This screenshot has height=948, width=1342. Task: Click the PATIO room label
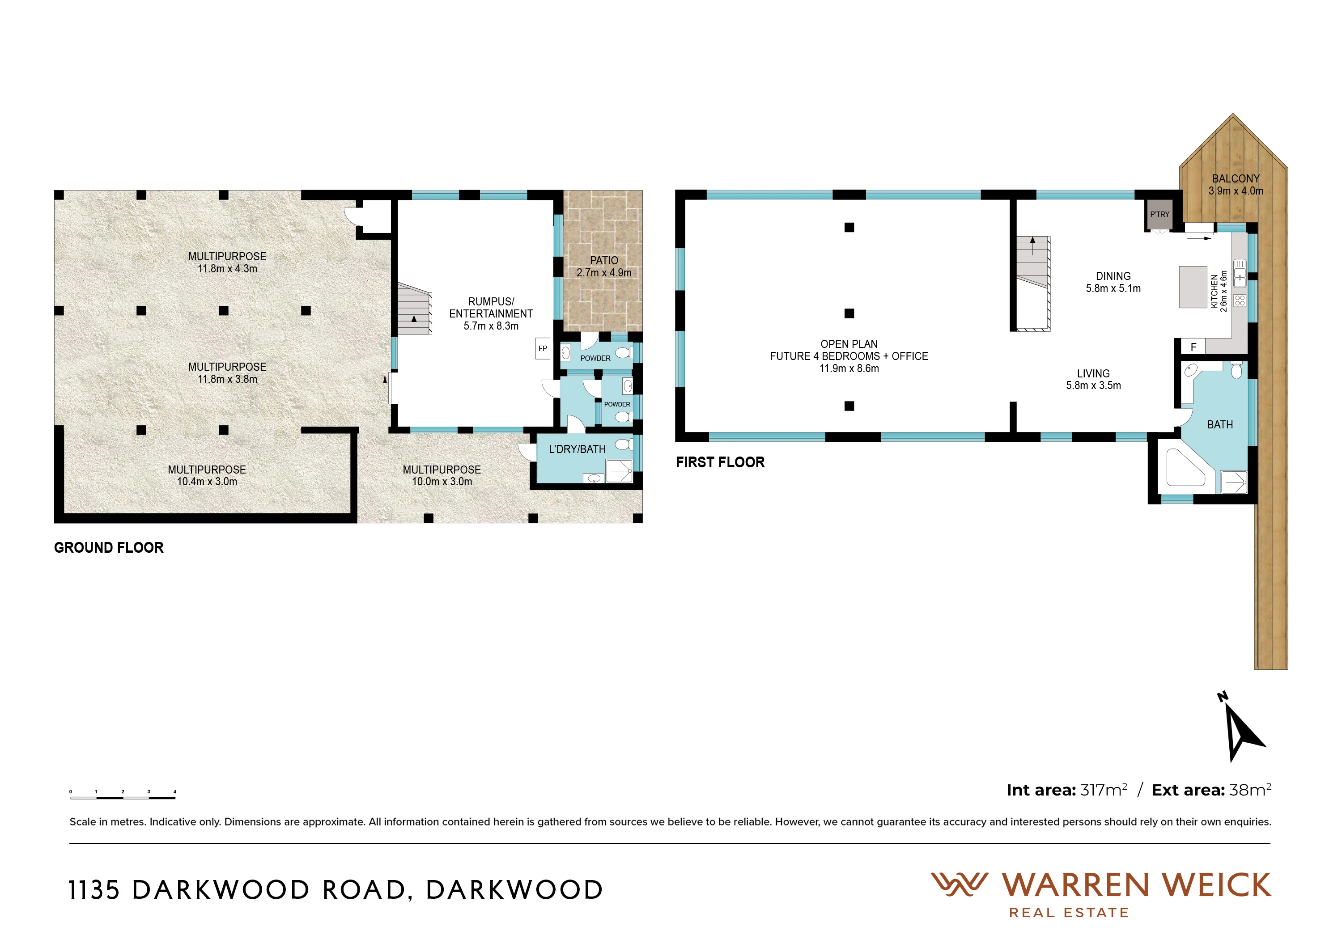pyautogui.click(x=604, y=261)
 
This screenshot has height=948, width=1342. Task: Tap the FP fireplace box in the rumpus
pyautogui.click(x=543, y=349)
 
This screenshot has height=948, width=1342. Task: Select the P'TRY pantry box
pyautogui.click(x=1159, y=214)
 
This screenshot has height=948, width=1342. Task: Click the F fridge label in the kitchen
pyautogui.click(x=1193, y=347)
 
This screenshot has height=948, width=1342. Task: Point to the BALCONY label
pyautogui.click(x=1236, y=179)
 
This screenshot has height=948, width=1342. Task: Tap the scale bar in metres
pyautogui.click(x=123, y=795)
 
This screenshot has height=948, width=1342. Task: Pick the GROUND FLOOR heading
pyautogui.click(x=109, y=548)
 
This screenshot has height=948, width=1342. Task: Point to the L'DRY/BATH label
pyautogui.click(x=577, y=449)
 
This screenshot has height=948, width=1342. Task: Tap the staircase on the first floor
pyautogui.click(x=1033, y=284)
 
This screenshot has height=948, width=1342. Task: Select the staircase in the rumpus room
pyautogui.click(x=414, y=309)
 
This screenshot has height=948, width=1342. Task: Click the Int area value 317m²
pyautogui.click(x=1104, y=790)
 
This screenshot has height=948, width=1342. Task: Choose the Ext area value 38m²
pyautogui.click(x=1250, y=790)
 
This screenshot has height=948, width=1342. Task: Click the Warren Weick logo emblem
pyautogui.click(x=959, y=885)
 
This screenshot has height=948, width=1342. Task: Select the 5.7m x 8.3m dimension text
pyautogui.click(x=491, y=326)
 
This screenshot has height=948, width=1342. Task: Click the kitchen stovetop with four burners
pyautogui.click(x=1240, y=301)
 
